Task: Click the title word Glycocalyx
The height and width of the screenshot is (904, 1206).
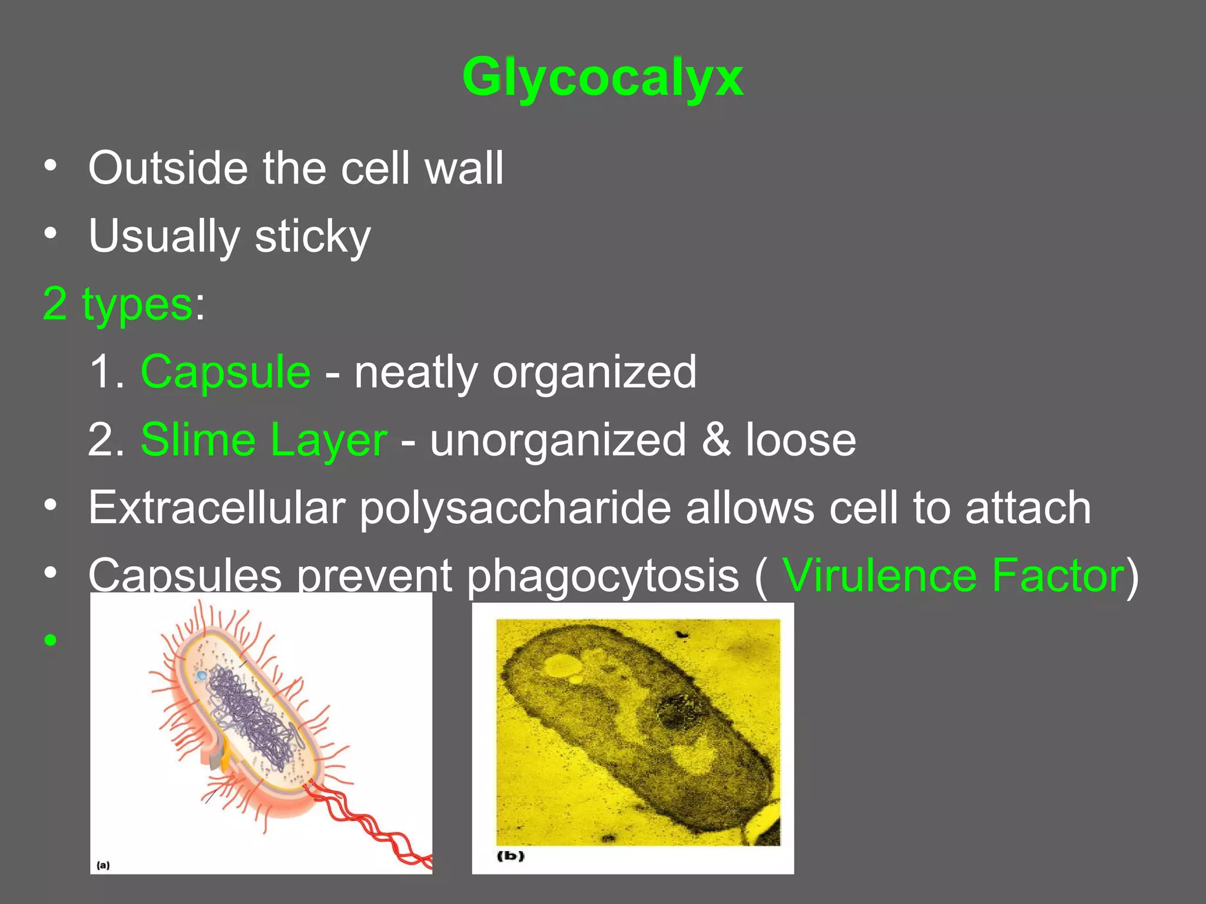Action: (602, 78)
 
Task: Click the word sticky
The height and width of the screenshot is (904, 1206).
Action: (313, 237)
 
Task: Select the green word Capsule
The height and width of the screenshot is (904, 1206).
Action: (226, 372)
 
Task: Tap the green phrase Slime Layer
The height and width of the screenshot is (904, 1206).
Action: (264, 440)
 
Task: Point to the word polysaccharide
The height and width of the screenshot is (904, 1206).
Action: (515, 508)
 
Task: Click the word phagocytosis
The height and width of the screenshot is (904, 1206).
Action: (603, 576)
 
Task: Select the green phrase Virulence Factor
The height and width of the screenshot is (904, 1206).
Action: (953, 576)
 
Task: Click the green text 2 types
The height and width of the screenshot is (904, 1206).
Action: (118, 304)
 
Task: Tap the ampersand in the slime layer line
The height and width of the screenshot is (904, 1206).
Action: (716, 440)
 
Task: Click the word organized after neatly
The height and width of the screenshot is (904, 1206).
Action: (594, 372)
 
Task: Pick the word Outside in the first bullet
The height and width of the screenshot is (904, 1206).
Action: (168, 168)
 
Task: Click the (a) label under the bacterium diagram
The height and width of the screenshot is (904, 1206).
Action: (103, 865)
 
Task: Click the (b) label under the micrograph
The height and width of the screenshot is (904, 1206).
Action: (511, 855)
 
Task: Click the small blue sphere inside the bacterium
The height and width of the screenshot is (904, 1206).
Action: (201, 676)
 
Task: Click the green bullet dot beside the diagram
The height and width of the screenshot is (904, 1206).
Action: (51, 640)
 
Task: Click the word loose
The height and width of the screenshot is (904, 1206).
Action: (801, 440)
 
